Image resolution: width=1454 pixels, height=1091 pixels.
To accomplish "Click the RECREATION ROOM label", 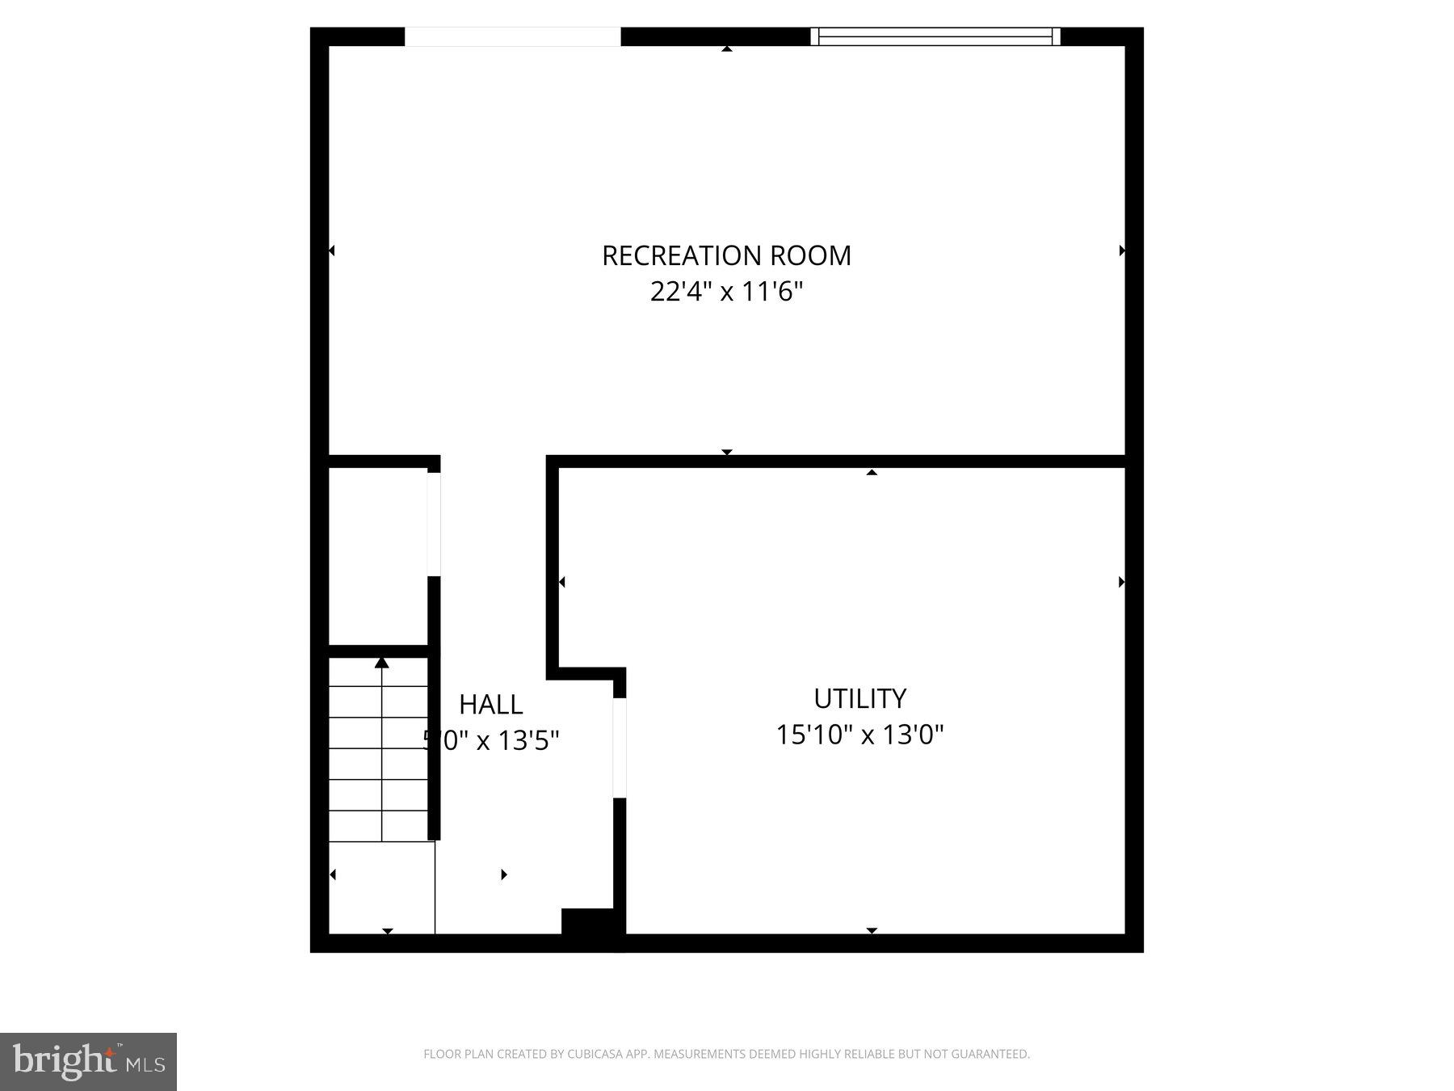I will [x=726, y=255].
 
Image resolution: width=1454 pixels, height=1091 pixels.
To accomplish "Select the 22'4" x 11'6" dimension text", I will [x=726, y=291].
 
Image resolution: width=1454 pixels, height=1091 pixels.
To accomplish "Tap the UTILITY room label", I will [x=859, y=698].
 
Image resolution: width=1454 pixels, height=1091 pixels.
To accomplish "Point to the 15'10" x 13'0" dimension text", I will [x=859, y=735].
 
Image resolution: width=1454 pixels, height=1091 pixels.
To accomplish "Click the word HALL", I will [x=490, y=705].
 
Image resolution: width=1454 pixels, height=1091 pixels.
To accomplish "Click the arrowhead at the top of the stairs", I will [x=382, y=663].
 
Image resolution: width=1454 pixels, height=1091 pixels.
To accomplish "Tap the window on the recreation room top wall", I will [x=935, y=36].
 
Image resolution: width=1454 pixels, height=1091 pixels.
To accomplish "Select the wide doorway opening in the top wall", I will [x=512, y=36].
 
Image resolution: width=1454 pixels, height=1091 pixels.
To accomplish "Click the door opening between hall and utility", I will [x=620, y=748].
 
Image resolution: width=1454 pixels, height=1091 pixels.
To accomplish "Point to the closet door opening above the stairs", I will [x=434, y=524].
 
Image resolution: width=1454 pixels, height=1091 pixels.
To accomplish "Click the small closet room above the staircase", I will [x=377, y=556].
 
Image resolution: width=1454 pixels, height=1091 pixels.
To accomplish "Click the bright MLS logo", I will [x=88, y=1061].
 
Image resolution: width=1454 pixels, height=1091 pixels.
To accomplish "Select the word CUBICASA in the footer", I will [x=599, y=1054].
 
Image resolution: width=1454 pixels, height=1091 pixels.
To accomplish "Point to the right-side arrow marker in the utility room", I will [x=1121, y=582].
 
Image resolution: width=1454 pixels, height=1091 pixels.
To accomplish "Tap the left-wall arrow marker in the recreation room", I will [x=331, y=251].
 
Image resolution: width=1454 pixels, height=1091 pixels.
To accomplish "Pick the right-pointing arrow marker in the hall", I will [x=504, y=874].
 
